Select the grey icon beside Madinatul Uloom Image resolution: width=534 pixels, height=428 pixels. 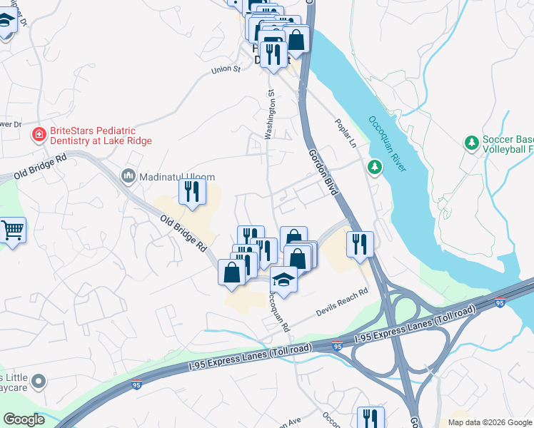tap(129, 175)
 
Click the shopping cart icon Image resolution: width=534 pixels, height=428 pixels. tap(12, 230)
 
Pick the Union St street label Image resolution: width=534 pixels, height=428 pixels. tap(228, 70)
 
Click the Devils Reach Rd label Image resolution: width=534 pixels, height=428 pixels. tap(342, 303)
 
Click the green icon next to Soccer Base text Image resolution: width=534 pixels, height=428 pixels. tap(471, 143)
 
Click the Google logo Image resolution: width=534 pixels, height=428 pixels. tap(23, 419)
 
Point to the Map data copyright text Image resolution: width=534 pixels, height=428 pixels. tap(490, 422)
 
